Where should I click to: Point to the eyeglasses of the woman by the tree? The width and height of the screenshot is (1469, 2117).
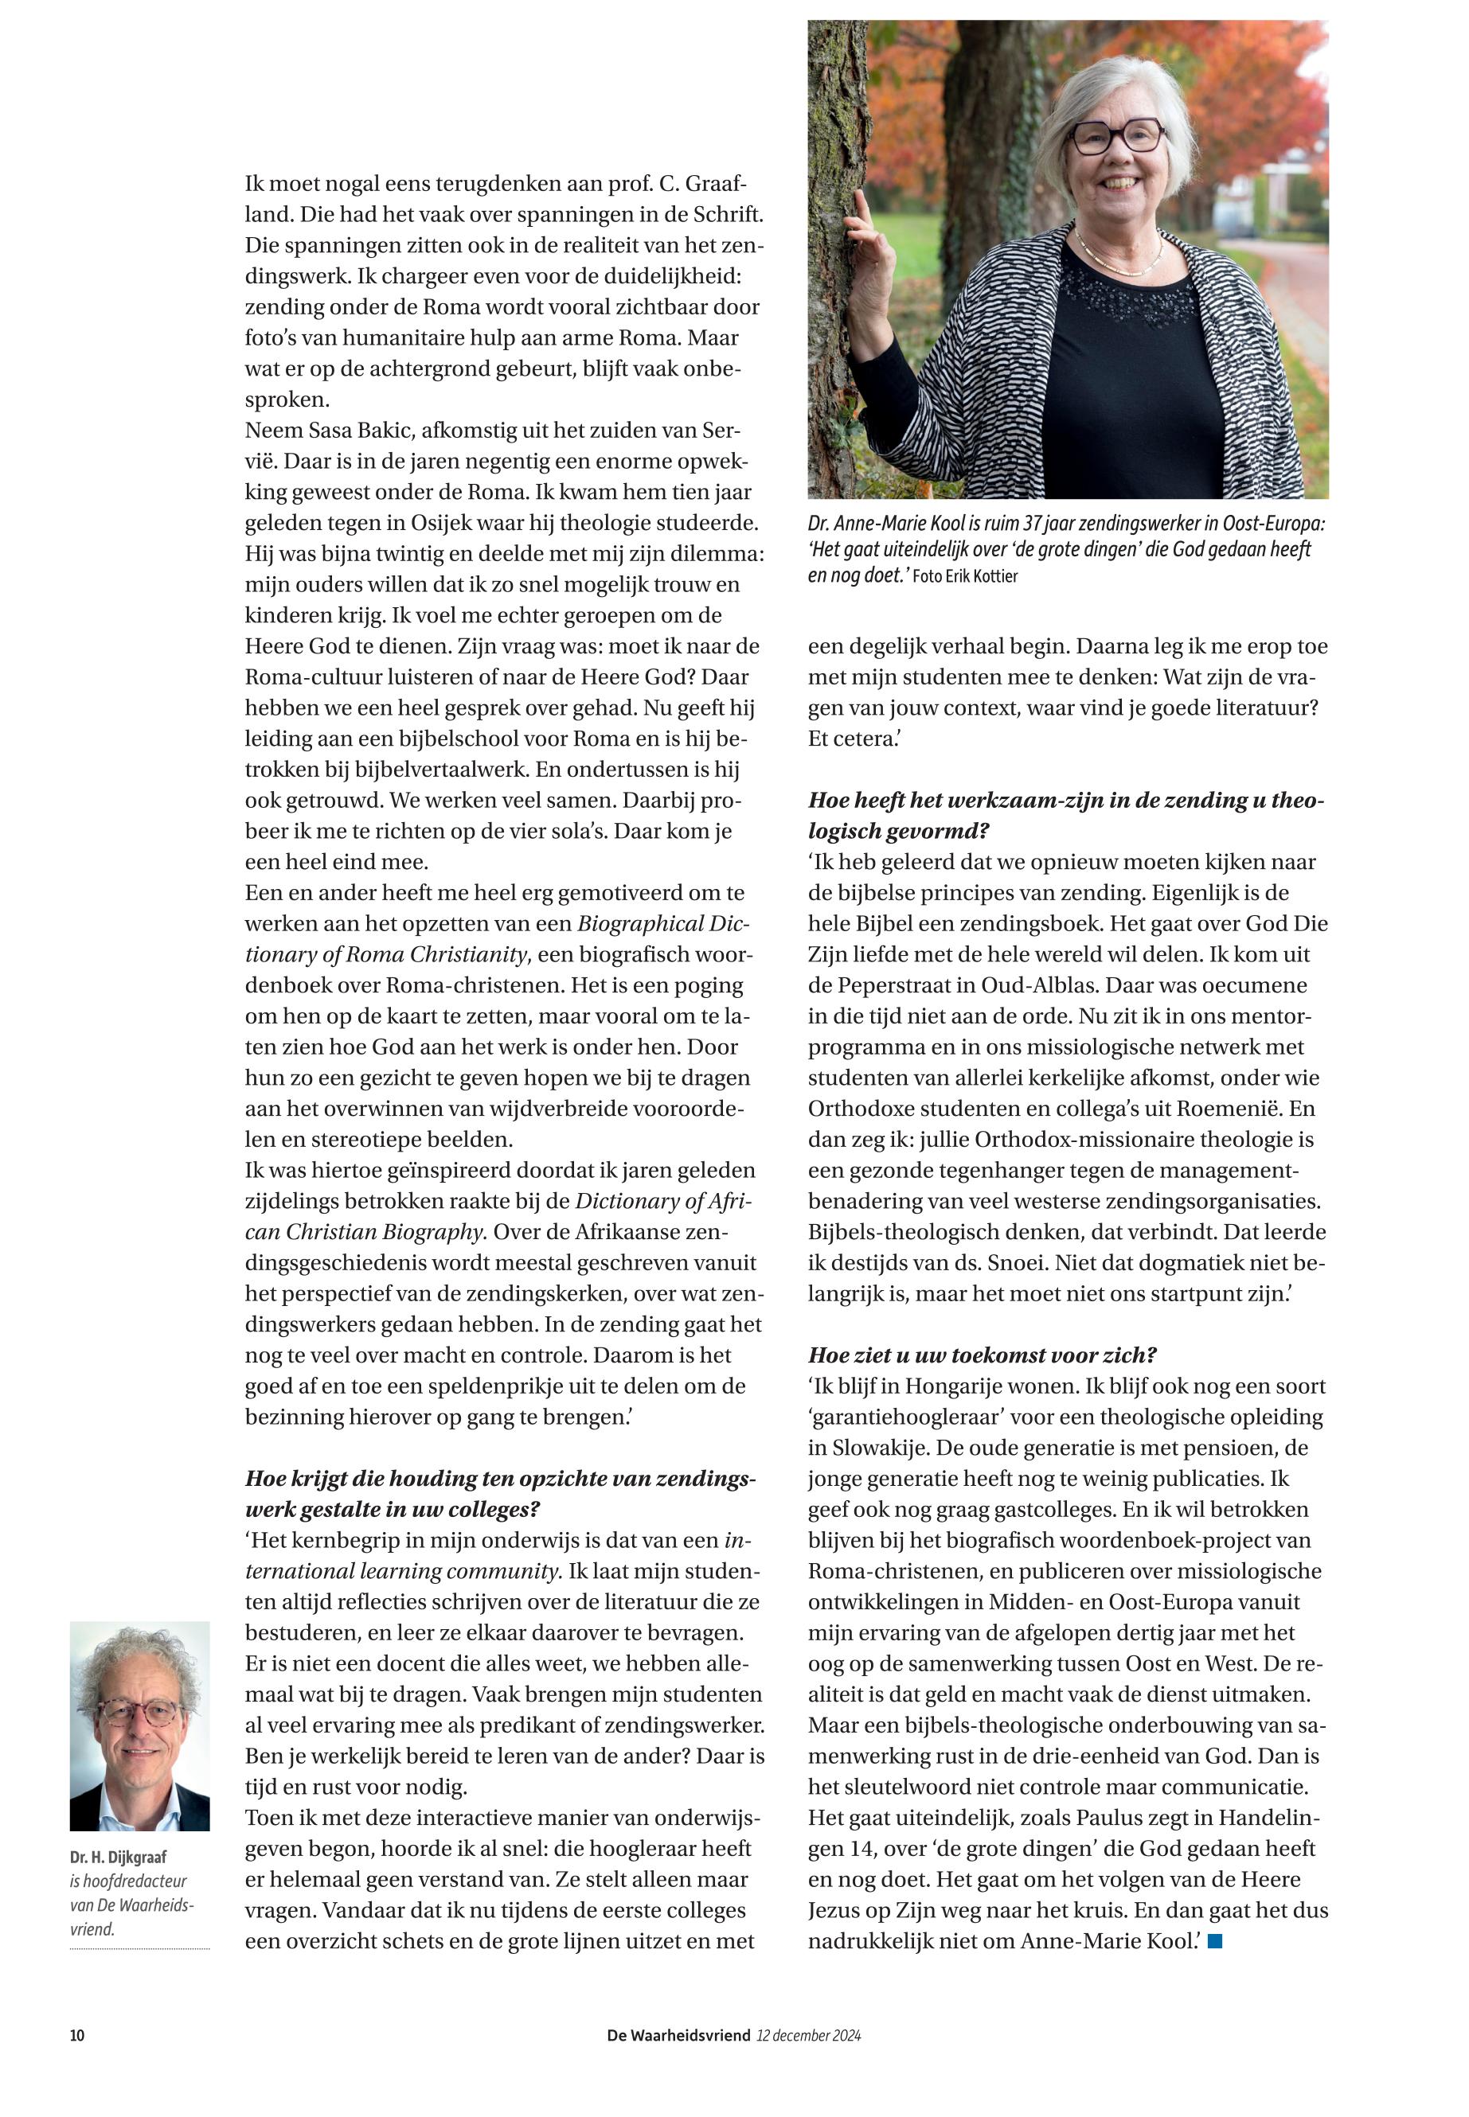1115,137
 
